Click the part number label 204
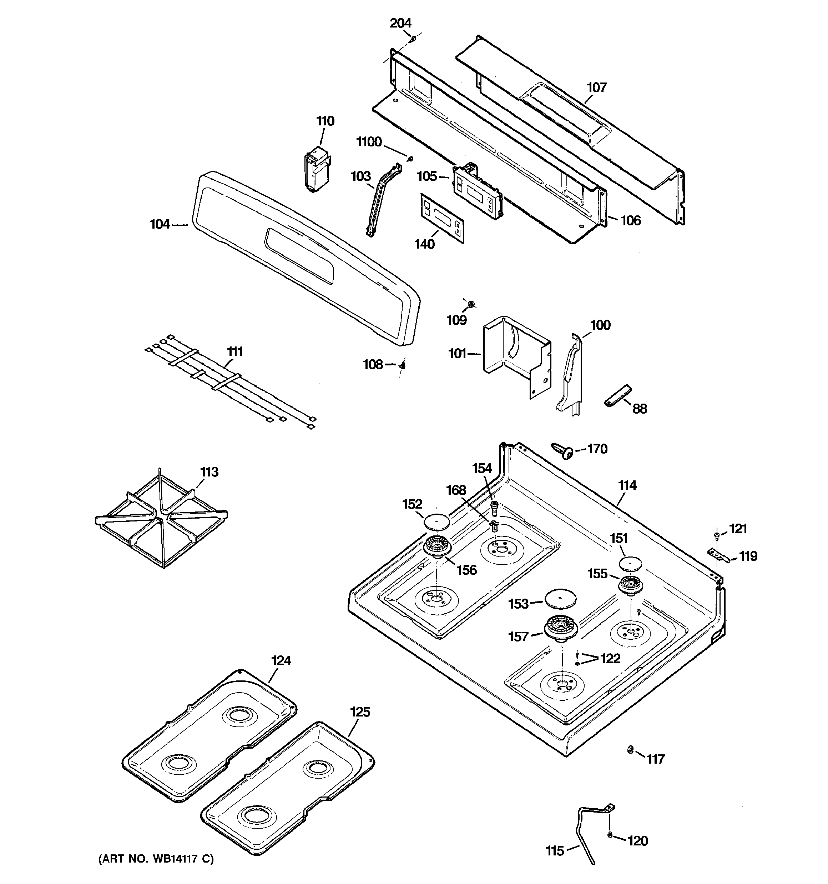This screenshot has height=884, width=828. click(x=400, y=23)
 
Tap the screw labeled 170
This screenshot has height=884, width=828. click(x=562, y=451)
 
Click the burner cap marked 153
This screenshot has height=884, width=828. click(x=561, y=599)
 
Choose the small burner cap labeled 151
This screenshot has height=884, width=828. click(x=631, y=563)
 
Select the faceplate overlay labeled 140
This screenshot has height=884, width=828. click(x=442, y=218)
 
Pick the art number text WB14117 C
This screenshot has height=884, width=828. click(x=181, y=859)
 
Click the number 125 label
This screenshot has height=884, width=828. click(x=360, y=712)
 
